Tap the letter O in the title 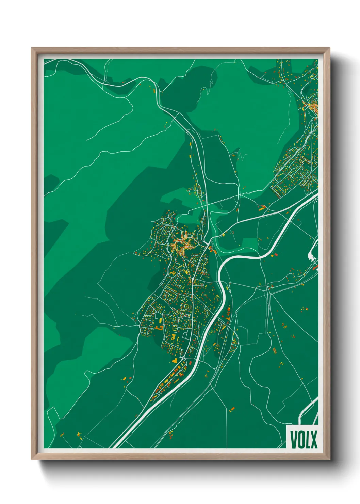301,440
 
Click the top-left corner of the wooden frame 32,48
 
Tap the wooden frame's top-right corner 329,48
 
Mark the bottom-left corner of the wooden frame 32,459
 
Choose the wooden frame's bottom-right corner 329,459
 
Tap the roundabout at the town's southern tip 183,358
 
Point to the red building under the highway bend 276,254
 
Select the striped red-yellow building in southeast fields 275,349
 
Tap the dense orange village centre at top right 311,107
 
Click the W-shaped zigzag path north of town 242,156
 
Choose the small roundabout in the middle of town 193,279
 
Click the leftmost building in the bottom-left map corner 62,435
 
